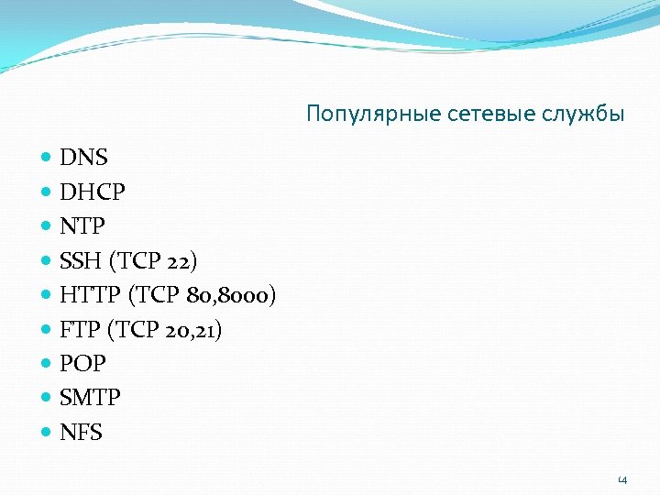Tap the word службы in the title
585,115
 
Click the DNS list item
83,158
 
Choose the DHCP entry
93,192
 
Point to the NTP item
82,226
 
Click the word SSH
81,261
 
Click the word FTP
79,330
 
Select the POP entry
82,364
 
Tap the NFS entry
81,433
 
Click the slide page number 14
622,478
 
